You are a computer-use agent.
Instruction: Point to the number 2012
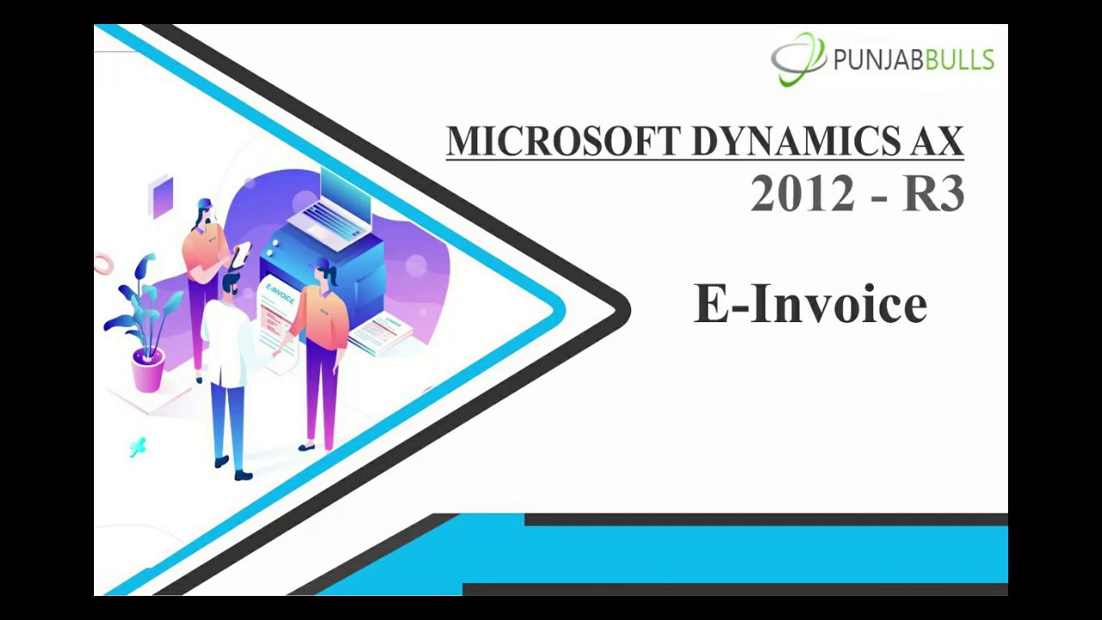point(802,195)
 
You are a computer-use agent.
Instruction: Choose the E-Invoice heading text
point(810,304)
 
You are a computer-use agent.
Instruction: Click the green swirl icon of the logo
point(798,59)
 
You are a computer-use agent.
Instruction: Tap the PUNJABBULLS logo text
point(913,60)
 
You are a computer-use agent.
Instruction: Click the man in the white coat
point(228,344)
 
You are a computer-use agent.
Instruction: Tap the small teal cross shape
point(138,446)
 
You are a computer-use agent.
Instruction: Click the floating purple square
point(161,197)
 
